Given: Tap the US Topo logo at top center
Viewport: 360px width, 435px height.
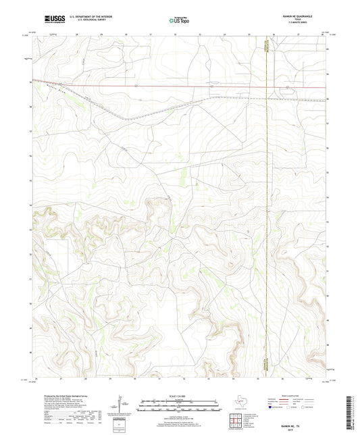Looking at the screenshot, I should tap(179, 21).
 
